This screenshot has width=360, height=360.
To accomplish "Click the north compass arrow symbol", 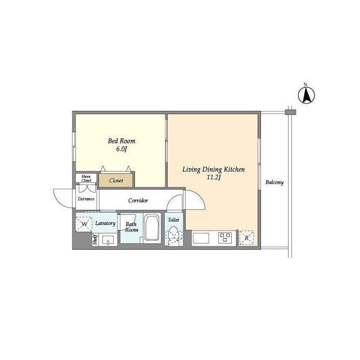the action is coord(306,95).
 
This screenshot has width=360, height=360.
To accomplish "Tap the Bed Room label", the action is coord(121,141).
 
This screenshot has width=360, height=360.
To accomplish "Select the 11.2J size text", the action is coord(214,178).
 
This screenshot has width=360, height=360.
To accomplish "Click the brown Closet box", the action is coord(116,181).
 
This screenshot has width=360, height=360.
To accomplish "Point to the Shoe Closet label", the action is coord(86,178).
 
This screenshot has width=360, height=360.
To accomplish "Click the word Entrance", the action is coord(86,199).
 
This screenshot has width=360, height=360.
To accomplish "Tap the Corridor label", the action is coord(138,200).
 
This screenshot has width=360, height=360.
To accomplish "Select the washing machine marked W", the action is coord(84,224).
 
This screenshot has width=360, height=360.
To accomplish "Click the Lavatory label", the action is coord(105,223).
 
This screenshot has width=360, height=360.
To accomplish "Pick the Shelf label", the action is coord(95,240).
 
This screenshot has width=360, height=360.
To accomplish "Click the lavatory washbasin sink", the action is coord(108,240).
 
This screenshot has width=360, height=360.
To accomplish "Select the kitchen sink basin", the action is coord(201,238).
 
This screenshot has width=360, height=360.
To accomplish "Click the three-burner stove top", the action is coord(225,237).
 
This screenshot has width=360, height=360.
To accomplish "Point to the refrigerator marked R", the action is coord(246,238).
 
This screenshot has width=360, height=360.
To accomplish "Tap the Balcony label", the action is coord(274,182).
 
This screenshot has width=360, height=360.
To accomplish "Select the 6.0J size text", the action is coord(121,149).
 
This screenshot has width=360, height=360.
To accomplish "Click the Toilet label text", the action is coord(173,220).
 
